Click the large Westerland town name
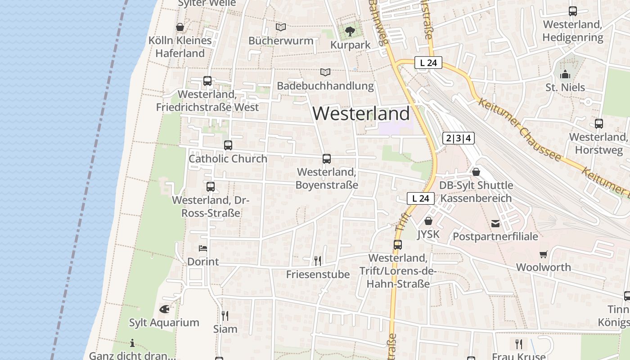(x=361, y=113)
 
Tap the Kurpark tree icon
(x=350, y=31)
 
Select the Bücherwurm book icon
(x=281, y=27)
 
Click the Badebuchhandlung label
(x=325, y=85)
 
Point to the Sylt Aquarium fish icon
(x=164, y=309)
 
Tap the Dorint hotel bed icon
(x=203, y=248)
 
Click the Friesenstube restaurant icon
(x=318, y=261)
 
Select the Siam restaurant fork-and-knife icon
(x=225, y=315)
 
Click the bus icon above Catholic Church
(x=228, y=145)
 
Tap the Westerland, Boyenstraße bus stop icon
(x=327, y=159)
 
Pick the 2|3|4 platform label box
(x=459, y=138)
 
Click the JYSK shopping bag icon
(x=428, y=221)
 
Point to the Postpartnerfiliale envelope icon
(x=495, y=223)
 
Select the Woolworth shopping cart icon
(x=544, y=254)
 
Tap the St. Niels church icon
(x=565, y=74)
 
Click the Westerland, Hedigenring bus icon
(x=573, y=11)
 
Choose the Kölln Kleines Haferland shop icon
(x=180, y=27)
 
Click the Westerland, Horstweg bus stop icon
(x=599, y=124)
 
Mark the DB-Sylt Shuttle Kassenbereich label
(x=476, y=192)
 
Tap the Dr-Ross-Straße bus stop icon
(x=210, y=187)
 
